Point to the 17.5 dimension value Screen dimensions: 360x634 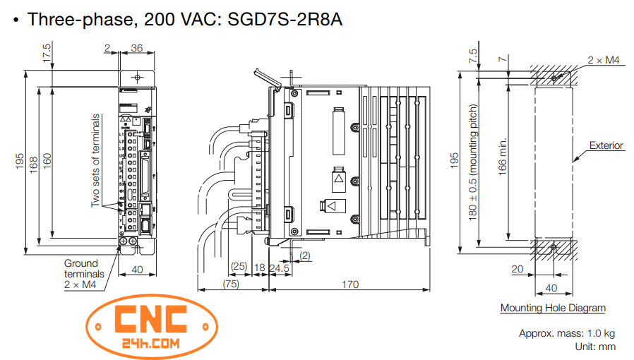47,55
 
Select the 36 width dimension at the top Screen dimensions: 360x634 137,49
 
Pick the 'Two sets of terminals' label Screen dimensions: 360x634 96,160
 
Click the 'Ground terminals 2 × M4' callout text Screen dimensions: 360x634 84,274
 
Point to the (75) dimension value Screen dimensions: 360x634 231,284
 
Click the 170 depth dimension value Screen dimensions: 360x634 349,284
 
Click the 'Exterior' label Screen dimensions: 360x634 606,146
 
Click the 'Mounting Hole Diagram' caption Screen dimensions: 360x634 553,308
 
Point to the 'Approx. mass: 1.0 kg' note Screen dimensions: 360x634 567,333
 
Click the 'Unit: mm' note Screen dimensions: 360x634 594,346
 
